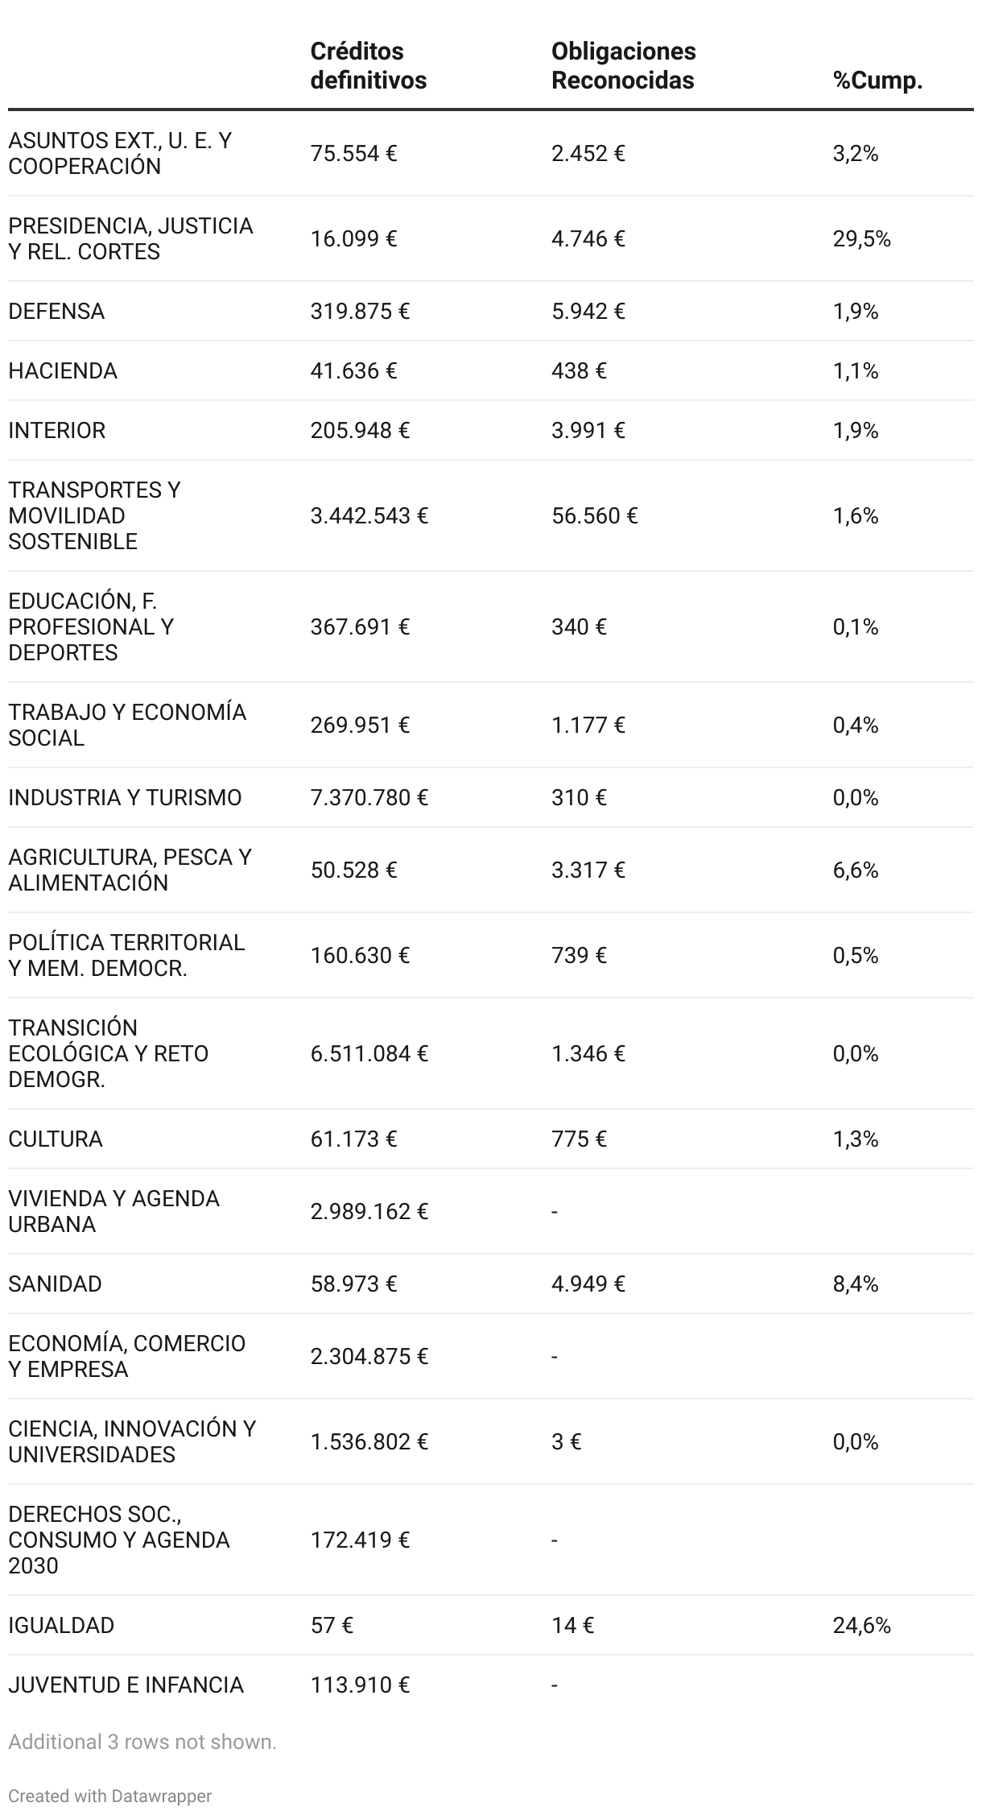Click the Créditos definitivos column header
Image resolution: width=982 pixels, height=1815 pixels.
(368, 65)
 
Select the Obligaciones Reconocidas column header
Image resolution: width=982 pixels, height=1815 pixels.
(623, 65)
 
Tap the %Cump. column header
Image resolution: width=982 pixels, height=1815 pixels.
(877, 81)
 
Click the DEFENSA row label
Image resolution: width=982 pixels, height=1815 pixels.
(56, 311)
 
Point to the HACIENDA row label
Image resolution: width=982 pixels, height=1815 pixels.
(63, 370)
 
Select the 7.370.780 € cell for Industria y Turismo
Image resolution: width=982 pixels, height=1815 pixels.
(369, 797)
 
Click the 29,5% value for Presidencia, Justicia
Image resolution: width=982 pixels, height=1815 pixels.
(861, 238)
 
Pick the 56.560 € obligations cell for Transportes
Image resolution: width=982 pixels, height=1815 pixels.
(594, 515)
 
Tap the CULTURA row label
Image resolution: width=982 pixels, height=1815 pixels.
(56, 1139)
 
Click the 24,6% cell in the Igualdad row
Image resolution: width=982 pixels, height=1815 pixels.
(861, 1625)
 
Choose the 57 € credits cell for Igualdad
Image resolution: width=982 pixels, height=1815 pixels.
(332, 1625)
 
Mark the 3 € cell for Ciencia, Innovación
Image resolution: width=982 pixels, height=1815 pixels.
(566, 1441)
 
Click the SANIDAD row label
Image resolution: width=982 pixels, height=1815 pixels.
(55, 1284)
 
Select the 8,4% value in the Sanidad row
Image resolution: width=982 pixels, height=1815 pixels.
(855, 1284)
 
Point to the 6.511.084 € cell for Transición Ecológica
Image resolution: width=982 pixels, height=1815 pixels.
(369, 1053)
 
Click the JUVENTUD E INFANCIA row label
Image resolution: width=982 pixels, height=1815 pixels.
(126, 1685)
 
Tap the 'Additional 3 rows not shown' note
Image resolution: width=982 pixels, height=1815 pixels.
(142, 1742)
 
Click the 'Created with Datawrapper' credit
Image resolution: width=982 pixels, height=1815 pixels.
(110, 1796)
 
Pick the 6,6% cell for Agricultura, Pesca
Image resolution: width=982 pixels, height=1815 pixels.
(855, 870)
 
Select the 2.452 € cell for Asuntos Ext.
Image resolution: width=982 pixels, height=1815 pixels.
(588, 153)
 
